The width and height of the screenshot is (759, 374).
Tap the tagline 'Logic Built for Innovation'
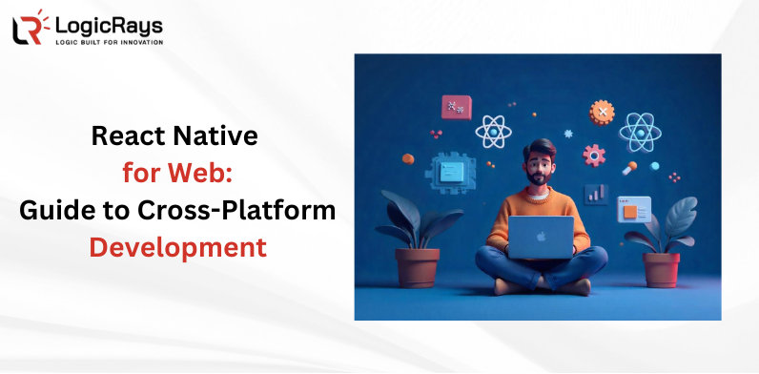click(108, 42)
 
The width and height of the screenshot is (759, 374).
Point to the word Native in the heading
click(221, 136)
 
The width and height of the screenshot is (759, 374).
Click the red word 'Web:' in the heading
click(208, 175)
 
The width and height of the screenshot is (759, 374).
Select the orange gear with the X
click(602, 113)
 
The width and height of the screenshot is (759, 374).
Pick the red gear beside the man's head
click(595, 155)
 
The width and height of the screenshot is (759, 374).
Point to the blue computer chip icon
click(451, 172)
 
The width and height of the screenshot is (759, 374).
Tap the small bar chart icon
click(596, 194)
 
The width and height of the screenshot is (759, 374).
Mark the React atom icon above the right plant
click(640, 131)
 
